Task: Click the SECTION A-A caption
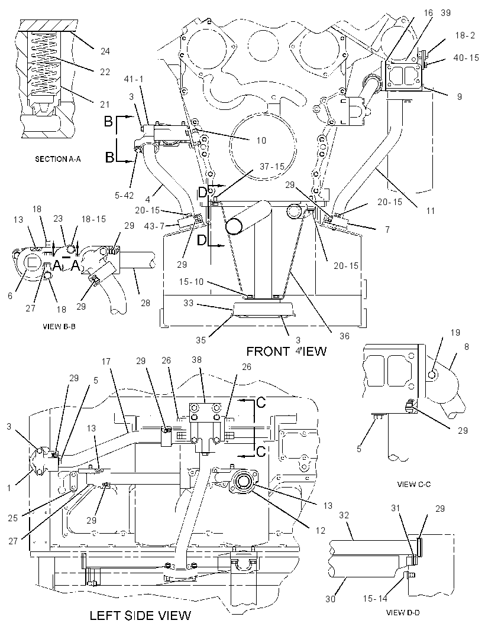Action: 57,159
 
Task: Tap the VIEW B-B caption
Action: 59,327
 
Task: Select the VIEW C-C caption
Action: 414,484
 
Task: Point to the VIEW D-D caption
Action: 403,613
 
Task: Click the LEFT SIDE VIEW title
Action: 140,615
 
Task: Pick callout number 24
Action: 105,51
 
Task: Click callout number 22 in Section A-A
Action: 105,72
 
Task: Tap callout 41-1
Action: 134,79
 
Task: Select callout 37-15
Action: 272,166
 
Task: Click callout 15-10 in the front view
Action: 192,282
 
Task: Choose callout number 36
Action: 344,336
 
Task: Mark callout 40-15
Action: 466,58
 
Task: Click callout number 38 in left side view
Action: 196,360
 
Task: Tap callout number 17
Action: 106,361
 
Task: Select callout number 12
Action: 320,530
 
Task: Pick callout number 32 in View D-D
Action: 344,515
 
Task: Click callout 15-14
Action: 375,599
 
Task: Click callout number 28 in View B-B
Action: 145,303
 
